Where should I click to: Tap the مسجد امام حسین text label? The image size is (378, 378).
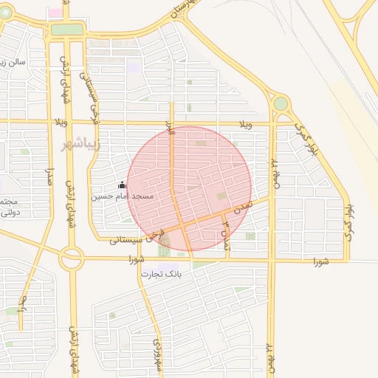coord(122,196)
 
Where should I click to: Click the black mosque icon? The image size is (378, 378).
coord(122,185)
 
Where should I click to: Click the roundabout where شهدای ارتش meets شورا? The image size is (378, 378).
coord(72,258)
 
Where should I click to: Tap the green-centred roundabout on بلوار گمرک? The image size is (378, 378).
coord(281,103)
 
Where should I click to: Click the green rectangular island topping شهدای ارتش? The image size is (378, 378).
coord(67,30)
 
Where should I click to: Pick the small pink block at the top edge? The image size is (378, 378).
coord(55,13)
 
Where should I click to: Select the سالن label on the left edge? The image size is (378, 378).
coord(13,62)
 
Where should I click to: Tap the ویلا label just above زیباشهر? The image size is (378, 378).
coord(61,121)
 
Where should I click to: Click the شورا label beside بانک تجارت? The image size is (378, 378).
coord(135,259)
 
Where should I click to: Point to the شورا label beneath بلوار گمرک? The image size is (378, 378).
coord(319,261)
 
